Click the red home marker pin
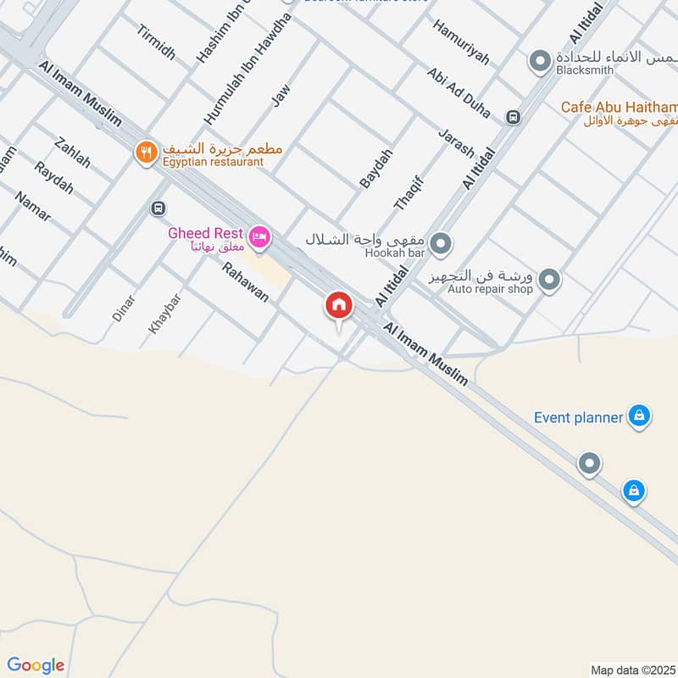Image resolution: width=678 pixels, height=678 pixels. [x=339, y=306]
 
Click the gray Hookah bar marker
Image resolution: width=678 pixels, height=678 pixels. [x=440, y=246]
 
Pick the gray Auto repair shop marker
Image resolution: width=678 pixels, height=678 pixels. [x=549, y=279]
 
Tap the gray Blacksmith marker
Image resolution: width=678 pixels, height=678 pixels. [x=539, y=61]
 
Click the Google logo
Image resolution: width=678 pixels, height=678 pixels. [x=35, y=665]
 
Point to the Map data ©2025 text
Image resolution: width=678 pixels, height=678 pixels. [x=631, y=670]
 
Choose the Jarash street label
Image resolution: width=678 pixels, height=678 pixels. [x=456, y=143]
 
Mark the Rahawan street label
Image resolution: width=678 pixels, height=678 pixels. [x=245, y=283]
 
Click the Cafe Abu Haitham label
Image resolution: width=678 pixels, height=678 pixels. [x=619, y=107]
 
